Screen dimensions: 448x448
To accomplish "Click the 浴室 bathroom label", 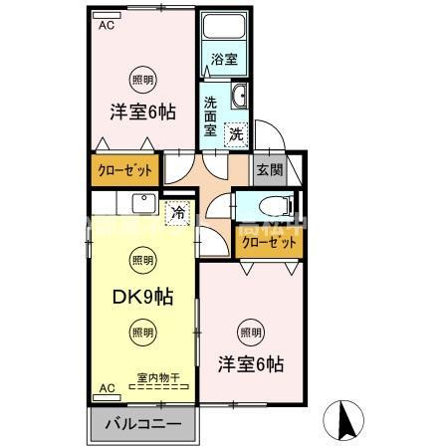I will [224, 60].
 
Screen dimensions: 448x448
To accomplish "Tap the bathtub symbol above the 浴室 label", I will [224, 28].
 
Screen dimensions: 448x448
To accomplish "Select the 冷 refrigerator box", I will [177, 211].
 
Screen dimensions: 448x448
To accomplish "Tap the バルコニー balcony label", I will [144, 423].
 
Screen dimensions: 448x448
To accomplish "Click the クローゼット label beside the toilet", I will [265, 242].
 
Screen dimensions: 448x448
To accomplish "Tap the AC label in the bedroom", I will [106, 27].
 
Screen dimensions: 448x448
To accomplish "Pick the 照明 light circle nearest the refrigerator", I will [141, 261].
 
